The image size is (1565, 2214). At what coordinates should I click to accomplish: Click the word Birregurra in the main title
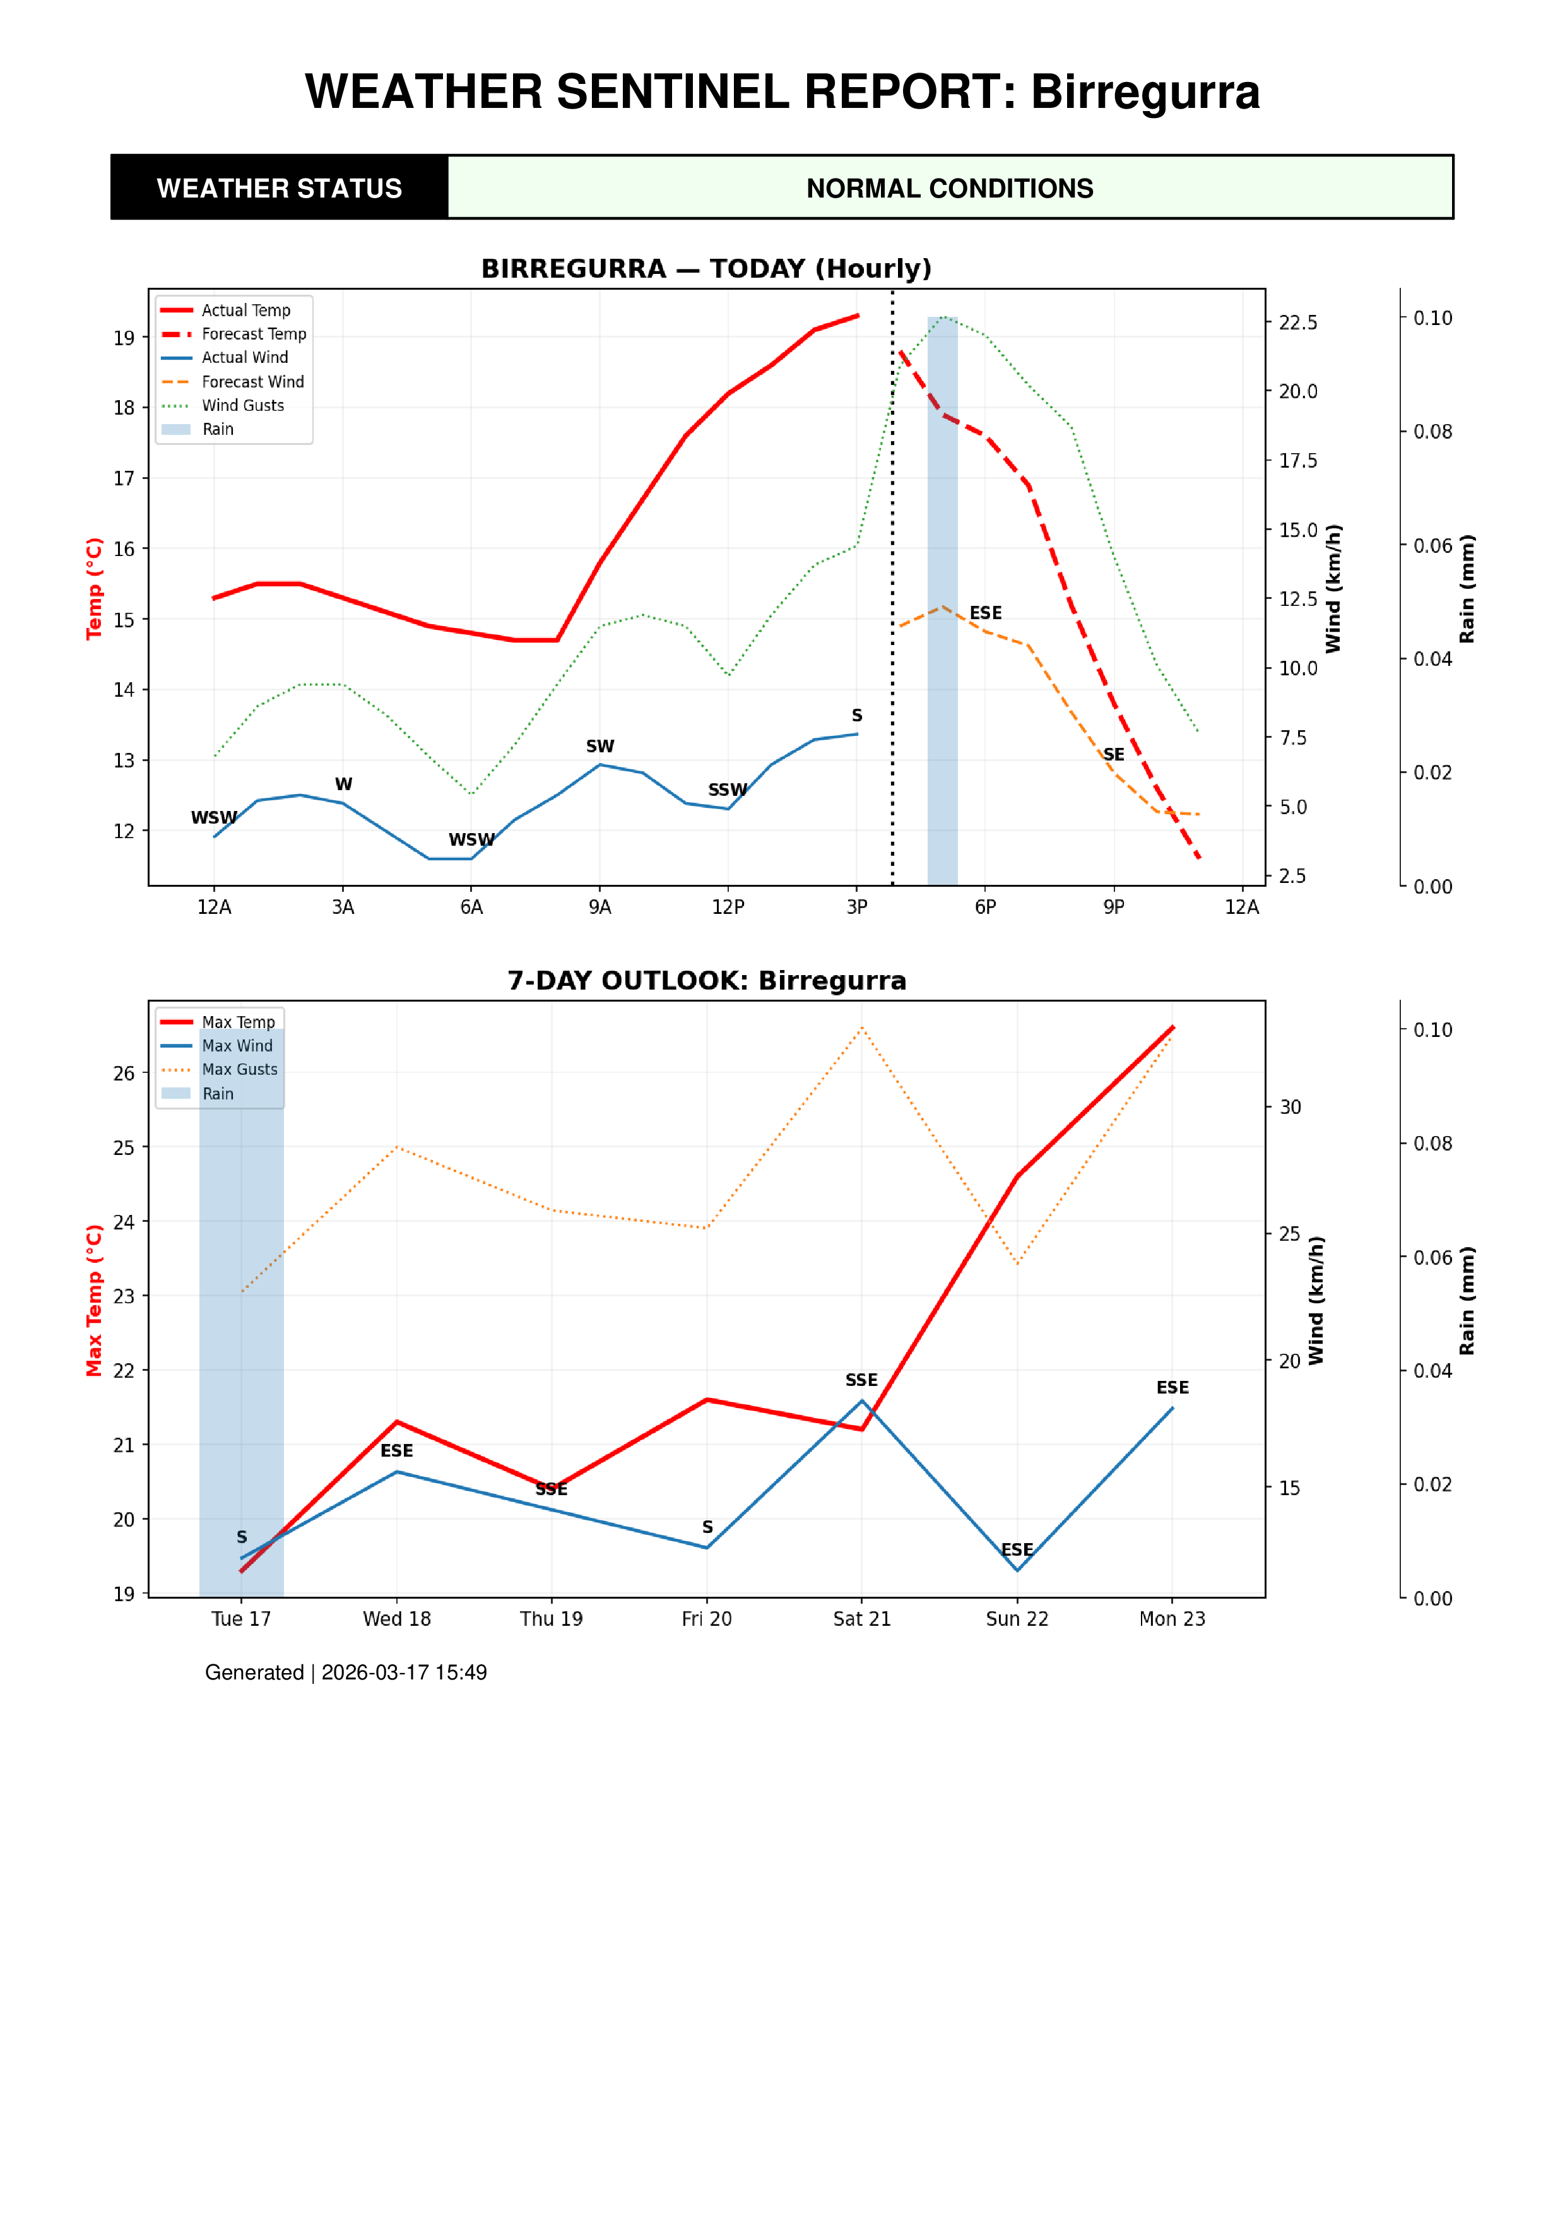pos(1145,93)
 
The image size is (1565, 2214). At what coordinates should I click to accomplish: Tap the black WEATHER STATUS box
pos(280,188)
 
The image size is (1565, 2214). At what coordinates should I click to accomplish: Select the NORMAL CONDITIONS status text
pos(949,188)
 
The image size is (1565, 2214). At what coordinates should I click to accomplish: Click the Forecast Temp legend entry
pos(252,334)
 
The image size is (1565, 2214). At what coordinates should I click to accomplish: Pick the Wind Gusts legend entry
pos(242,406)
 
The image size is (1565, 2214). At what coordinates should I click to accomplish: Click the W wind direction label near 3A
pos(343,784)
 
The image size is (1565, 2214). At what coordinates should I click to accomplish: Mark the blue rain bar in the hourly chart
pos(942,598)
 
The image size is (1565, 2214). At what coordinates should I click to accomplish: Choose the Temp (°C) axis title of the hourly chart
pos(93,588)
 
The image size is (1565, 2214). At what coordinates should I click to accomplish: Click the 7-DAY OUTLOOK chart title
pos(706,981)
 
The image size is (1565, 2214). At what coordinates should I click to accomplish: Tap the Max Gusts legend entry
pos(239,1069)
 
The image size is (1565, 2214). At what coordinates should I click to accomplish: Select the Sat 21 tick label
pos(861,1619)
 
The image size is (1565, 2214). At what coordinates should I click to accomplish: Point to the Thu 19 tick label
pos(551,1619)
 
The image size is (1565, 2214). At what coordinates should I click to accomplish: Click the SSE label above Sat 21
pos(861,1380)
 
